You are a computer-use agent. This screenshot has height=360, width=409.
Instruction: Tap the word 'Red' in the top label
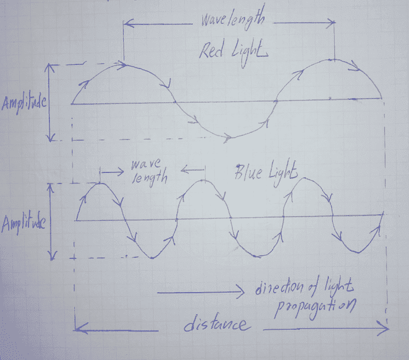click(x=211, y=51)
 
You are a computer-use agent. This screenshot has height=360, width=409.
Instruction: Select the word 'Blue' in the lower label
click(x=248, y=172)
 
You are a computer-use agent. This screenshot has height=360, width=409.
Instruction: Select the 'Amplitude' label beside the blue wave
click(x=23, y=224)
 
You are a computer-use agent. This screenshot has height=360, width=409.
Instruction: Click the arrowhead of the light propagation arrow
click(x=241, y=293)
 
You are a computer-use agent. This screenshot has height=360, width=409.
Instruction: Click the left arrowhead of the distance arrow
click(x=79, y=329)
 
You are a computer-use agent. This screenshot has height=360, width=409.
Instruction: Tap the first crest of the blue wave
click(x=101, y=183)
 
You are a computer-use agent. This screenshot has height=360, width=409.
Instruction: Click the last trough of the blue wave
click(x=358, y=253)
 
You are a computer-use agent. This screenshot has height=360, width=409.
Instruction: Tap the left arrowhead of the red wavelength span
click(x=128, y=23)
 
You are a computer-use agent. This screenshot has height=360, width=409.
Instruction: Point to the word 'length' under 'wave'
click(x=149, y=178)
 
